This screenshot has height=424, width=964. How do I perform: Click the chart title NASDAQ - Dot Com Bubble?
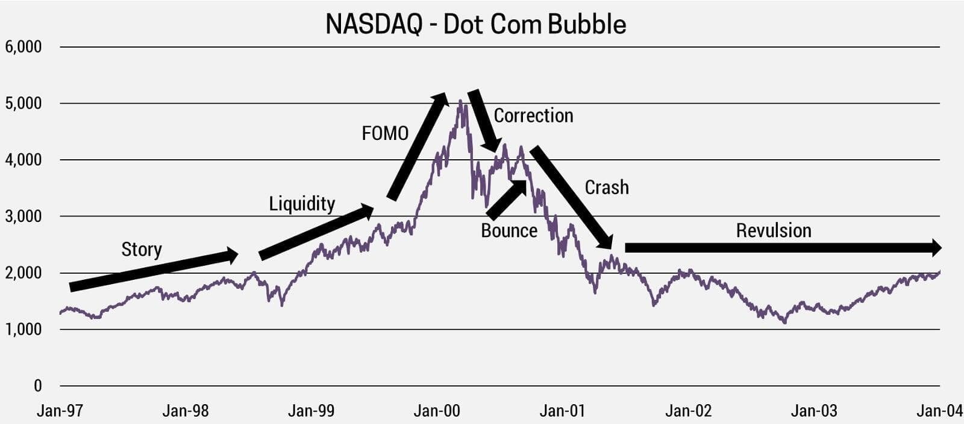click(475, 25)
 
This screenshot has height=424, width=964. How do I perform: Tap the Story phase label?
click(142, 249)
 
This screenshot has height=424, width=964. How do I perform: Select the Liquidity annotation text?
click(302, 204)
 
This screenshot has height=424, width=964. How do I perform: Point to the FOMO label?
click(385, 133)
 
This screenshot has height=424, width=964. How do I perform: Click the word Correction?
click(533, 116)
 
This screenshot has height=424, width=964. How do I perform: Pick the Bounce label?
click(509, 230)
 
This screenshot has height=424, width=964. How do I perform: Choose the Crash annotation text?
click(607, 188)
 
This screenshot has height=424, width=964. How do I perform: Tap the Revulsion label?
click(774, 230)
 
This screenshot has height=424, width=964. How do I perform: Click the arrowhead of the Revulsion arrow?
click(934, 247)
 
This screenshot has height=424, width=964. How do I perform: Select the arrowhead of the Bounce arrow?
click(520, 185)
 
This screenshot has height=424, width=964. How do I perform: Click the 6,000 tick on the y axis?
click(23, 47)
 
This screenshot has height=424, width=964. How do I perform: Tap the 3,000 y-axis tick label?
click(23, 217)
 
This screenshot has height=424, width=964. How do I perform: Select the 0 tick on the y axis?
click(37, 386)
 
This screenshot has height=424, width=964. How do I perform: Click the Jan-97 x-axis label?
click(60, 411)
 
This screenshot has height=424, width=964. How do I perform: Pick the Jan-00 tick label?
click(437, 411)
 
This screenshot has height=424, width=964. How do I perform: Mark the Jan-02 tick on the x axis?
click(688, 411)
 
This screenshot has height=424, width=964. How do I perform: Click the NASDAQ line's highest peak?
click(460, 101)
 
